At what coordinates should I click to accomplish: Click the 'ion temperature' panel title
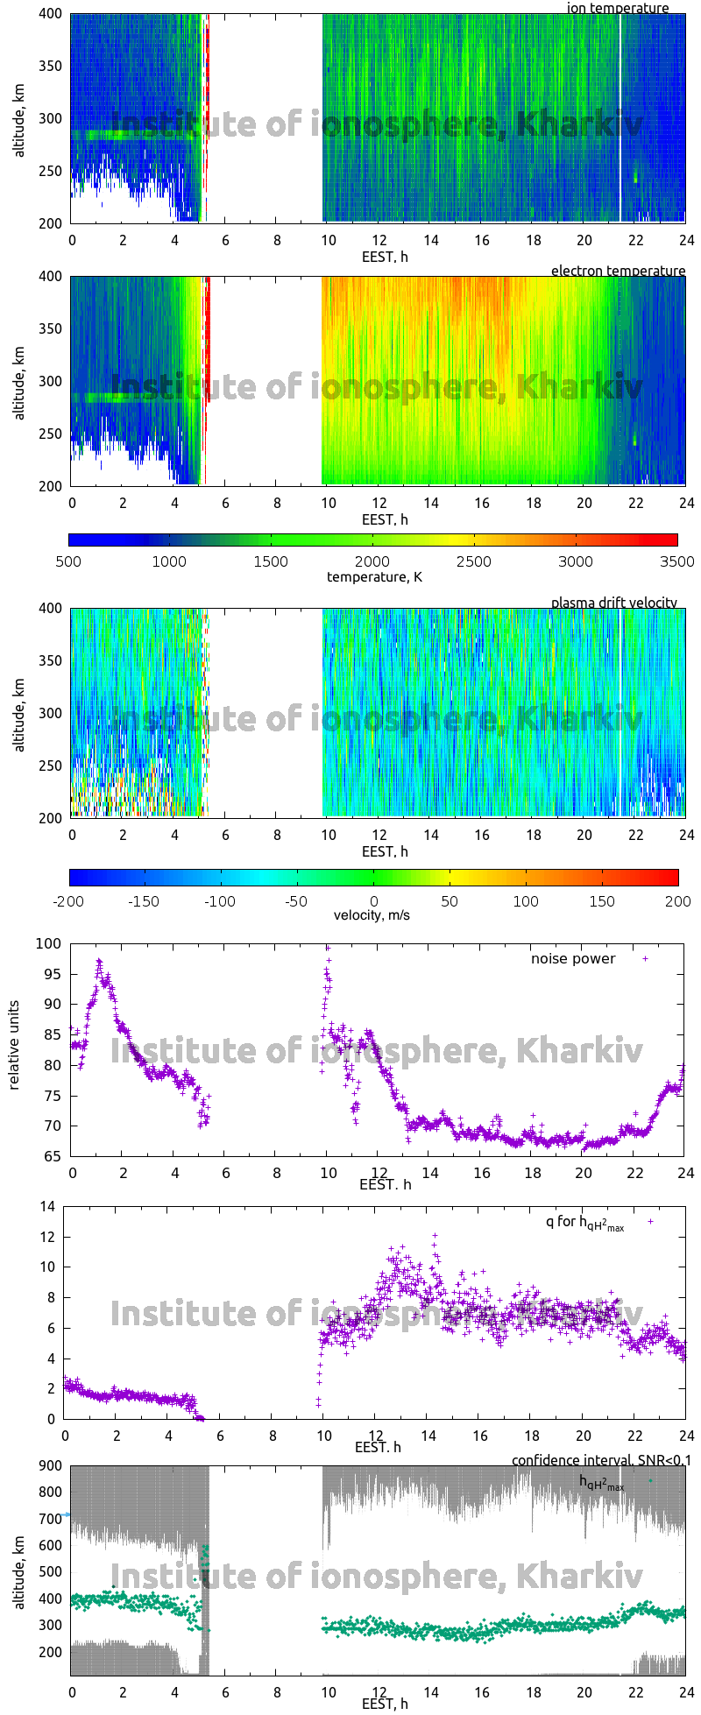point(618,8)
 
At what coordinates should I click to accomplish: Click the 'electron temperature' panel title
point(618,271)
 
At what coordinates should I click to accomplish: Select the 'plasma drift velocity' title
point(613,603)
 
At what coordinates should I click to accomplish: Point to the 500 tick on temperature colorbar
point(68,561)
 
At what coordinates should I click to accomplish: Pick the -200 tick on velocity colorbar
point(68,900)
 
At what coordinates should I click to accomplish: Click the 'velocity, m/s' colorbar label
point(372,915)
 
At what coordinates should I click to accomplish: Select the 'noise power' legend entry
point(573,958)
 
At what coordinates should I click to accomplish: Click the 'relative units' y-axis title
point(15,1049)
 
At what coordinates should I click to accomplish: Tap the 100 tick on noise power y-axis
point(51,943)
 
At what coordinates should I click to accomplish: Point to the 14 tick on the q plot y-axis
point(48,1206)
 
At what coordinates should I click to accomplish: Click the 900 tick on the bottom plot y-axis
point(51,1466)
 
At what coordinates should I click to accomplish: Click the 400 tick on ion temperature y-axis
point(51,14)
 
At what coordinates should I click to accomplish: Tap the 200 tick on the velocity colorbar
point(677,900)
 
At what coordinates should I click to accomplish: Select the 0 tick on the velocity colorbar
point(373,900)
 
